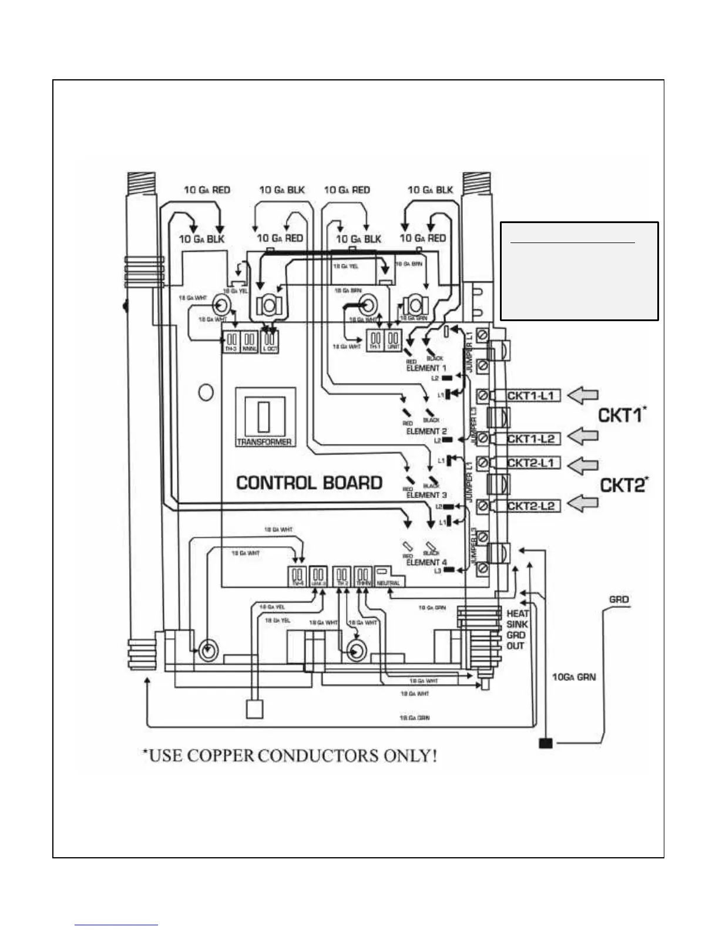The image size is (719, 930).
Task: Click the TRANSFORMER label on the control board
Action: pyautogui.click(x=264, y=442)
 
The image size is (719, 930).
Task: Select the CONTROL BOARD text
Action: pyautogui.click(x=309, y=483)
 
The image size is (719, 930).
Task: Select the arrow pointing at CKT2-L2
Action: pyautogui.click(x=584, y=504)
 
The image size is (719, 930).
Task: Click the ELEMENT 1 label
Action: pyautogui.click(x=426, y=368)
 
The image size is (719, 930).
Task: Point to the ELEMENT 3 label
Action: pyautogui.click(x=426, y=495)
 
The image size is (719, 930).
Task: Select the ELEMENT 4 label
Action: pyautogui.click(x=426, y=562)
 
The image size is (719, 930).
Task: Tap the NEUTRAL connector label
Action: pyautogui.click(x=388, y=583)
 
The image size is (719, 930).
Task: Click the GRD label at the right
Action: pyautogui.click(x=619, y=599)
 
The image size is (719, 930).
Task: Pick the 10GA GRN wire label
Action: pyautogui.click(x=573, y=677)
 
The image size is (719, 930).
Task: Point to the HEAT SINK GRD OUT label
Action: pyautogui.click(x=517, y=629)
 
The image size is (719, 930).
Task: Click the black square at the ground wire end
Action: pyautogui.click(x=546, y=744)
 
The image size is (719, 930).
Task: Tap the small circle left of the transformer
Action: pyautogui.click(x=206, y=392)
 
